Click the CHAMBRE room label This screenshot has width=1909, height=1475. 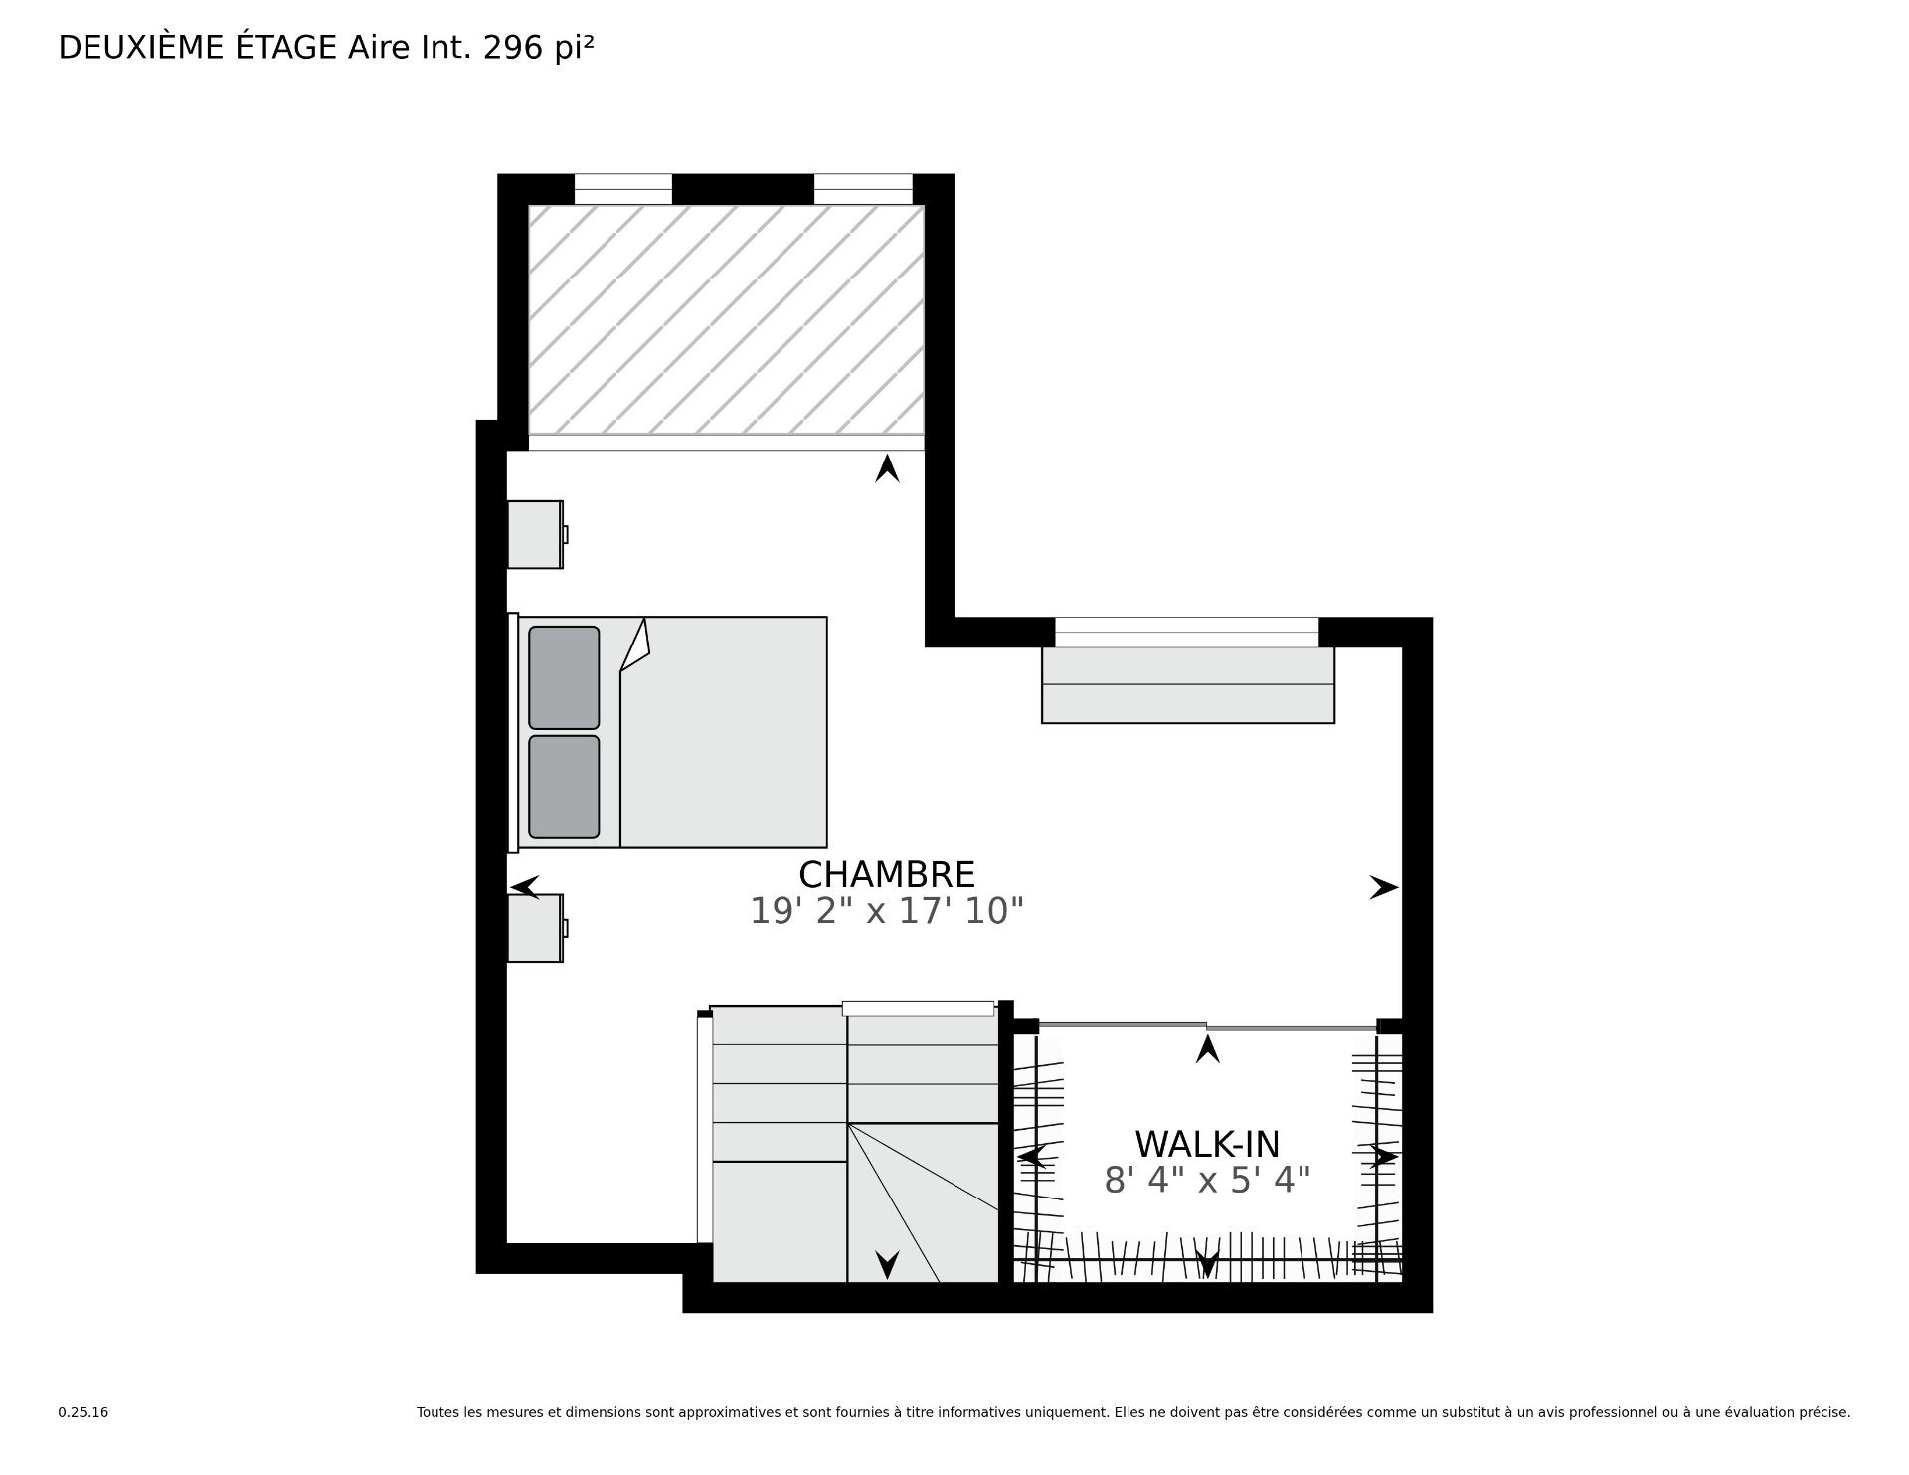click(x=887, y=874)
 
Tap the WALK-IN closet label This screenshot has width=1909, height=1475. click(x=1207, y=1144)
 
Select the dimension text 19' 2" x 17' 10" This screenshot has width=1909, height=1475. click(x=887, y=910)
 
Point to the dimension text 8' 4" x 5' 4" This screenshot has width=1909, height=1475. click(x=1207, y=1180)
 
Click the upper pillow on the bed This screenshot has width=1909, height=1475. click(x=564, y=677)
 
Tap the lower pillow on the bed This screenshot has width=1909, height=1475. click(x=564, y=787)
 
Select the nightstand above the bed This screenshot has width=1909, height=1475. click(x=537, y=535)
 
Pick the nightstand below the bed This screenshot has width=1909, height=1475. click(x=537, y=928)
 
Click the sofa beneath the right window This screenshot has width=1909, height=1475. click(x=1188, y=685)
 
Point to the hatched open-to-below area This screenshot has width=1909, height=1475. click(x=726, y=319)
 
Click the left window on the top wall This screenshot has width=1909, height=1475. click(x=623, y=189)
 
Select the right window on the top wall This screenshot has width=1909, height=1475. click(x=863, y=189)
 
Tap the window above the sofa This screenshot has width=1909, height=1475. click(x=1186, y=632)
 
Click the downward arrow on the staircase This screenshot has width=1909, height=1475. click(x=887, y=1264)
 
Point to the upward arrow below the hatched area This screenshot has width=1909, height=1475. click(x=887, y=468)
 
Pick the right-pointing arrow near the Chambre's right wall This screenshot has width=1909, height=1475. click(x=1384, y=887)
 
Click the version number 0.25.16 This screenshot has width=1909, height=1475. click(x=84, y=1412)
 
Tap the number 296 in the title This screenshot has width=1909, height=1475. click(x=515, y=47)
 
